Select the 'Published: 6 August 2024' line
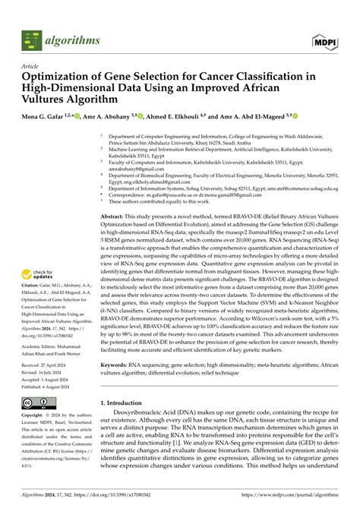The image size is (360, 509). pos(54,386)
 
